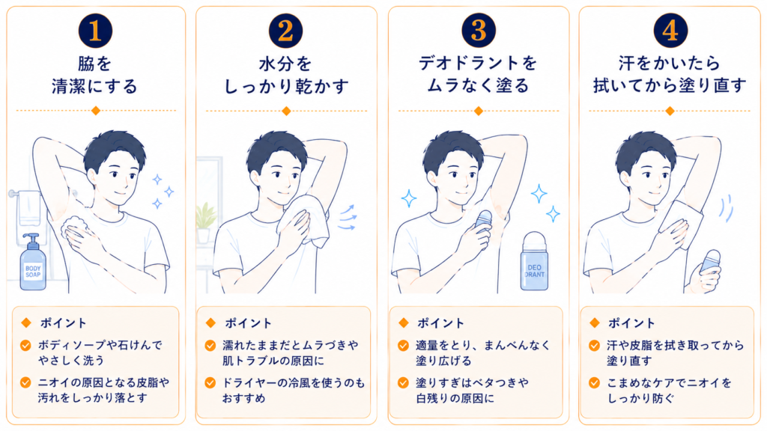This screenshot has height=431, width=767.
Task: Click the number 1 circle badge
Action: [x=95, y=30]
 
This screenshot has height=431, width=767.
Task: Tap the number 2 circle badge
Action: [x=285, y=30]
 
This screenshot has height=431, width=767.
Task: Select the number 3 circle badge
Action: [x=479, y=30]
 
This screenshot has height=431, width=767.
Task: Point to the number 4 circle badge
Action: [x=670, y=30]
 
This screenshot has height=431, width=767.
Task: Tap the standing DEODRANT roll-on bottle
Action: [x=534, y=261]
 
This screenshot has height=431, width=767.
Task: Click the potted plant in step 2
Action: [x=205, y=223]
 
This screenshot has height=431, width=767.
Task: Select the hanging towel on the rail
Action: [x=28, y=214]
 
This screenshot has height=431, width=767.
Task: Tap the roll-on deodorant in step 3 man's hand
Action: [x=482, y=227]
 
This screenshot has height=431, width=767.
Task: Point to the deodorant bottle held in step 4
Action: [x=710, y=264]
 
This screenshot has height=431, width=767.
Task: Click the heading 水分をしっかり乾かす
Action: [x=286, y=75]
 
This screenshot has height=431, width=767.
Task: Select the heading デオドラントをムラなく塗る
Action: [x=478, y=74]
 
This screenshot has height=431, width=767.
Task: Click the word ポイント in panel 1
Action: [x=63, y=323]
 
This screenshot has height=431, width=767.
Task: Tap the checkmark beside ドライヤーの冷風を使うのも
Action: [x=210, y=382]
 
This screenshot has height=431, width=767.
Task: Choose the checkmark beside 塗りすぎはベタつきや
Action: [x=403, y=382]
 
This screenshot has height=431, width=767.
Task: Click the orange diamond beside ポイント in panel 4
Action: [x=595, y=323]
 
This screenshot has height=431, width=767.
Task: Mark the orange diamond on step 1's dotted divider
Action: [x=96, y=111]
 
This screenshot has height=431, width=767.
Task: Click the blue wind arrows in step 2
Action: [x=347, y=218]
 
